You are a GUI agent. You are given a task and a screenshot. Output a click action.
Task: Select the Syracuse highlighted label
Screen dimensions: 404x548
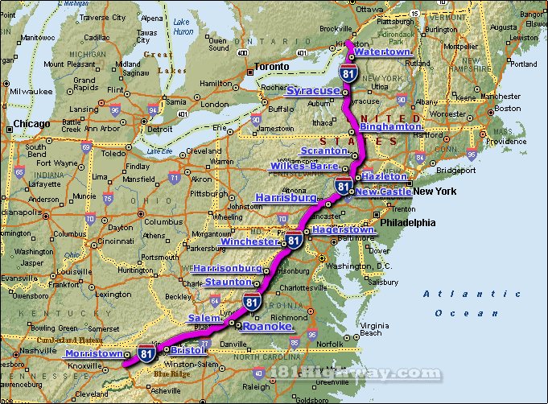coord(313,90)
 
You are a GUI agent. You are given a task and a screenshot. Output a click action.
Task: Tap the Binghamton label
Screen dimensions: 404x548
coord(391,127)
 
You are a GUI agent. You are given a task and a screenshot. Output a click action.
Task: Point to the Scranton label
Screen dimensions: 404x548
coord(323,151)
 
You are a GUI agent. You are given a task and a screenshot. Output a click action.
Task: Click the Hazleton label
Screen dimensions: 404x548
coord(385,176)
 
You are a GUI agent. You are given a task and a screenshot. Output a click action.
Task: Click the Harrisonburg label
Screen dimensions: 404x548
coord(229,268)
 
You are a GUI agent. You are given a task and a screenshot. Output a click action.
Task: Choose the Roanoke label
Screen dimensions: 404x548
coord(266,327)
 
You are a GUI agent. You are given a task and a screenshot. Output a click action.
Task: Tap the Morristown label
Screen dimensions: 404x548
coord(94,354)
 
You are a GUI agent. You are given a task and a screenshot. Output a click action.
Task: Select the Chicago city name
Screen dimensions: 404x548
coord(31,124)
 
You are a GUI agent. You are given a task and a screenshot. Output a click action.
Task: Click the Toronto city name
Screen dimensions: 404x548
coord(273,67)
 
